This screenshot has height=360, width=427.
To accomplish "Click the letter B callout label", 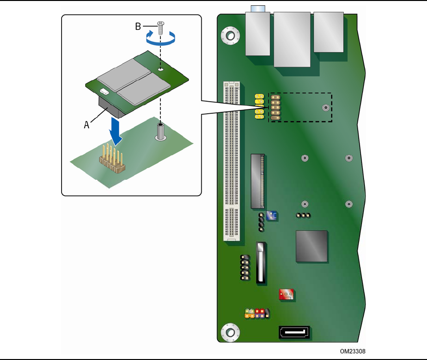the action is [x=138, y=27].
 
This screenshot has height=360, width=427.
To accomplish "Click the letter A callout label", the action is [x=87, y=125].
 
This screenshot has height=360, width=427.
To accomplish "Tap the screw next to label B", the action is [x=161, y=28].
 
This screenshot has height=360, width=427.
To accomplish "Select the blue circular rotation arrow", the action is [x=161, y=38].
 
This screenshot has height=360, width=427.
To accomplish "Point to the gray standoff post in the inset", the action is [x=161, y=132].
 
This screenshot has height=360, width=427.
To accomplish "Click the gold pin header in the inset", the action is [x=112, y=159].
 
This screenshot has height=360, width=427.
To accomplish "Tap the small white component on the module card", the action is [x=104, y=91].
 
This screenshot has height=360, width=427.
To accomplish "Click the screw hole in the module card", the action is [x=161, y=69].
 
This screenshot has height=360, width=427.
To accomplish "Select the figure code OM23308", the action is [x=353, y=351].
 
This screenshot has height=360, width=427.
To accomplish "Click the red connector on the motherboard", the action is [x=286, y=294].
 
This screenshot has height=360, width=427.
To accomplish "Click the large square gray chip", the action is [x=311, y=246].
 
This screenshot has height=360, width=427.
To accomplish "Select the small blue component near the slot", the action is [x=272, y=215].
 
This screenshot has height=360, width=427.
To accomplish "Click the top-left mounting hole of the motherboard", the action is [x=231, y=36].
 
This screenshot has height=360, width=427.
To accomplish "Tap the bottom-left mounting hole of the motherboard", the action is [x=230, y=333].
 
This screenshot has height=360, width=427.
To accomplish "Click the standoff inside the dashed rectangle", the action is [x=326, y=107].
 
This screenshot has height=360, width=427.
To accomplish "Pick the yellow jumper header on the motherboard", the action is [x=259, y=107].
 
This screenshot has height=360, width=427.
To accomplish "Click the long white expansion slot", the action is [x=232, y=161].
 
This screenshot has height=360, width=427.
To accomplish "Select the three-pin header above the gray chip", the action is [x=303, y=215].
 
